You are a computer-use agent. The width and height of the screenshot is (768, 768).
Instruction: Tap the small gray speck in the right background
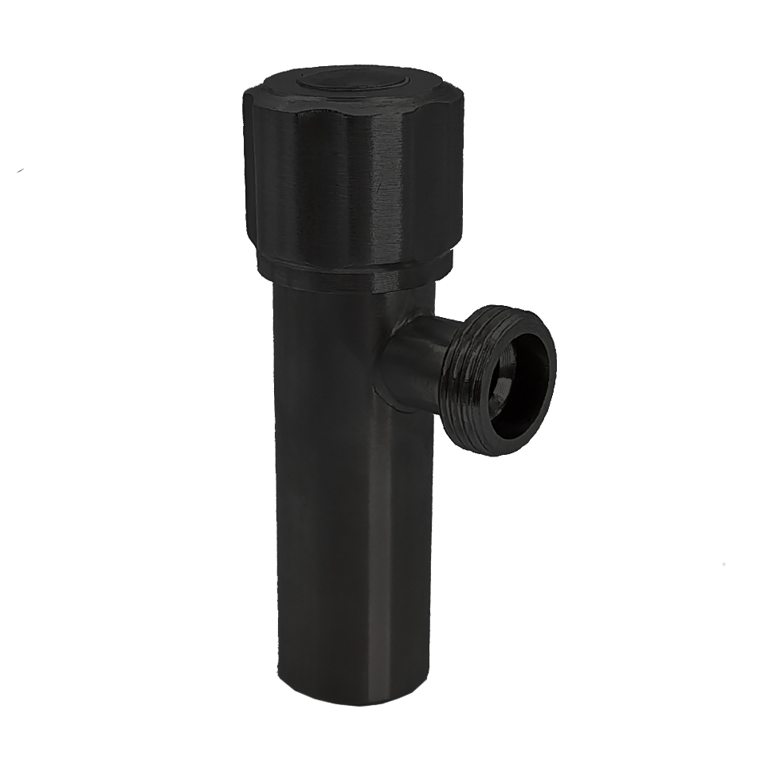pos(723,563)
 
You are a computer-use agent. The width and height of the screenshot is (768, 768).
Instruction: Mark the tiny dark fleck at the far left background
pos(20,170)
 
